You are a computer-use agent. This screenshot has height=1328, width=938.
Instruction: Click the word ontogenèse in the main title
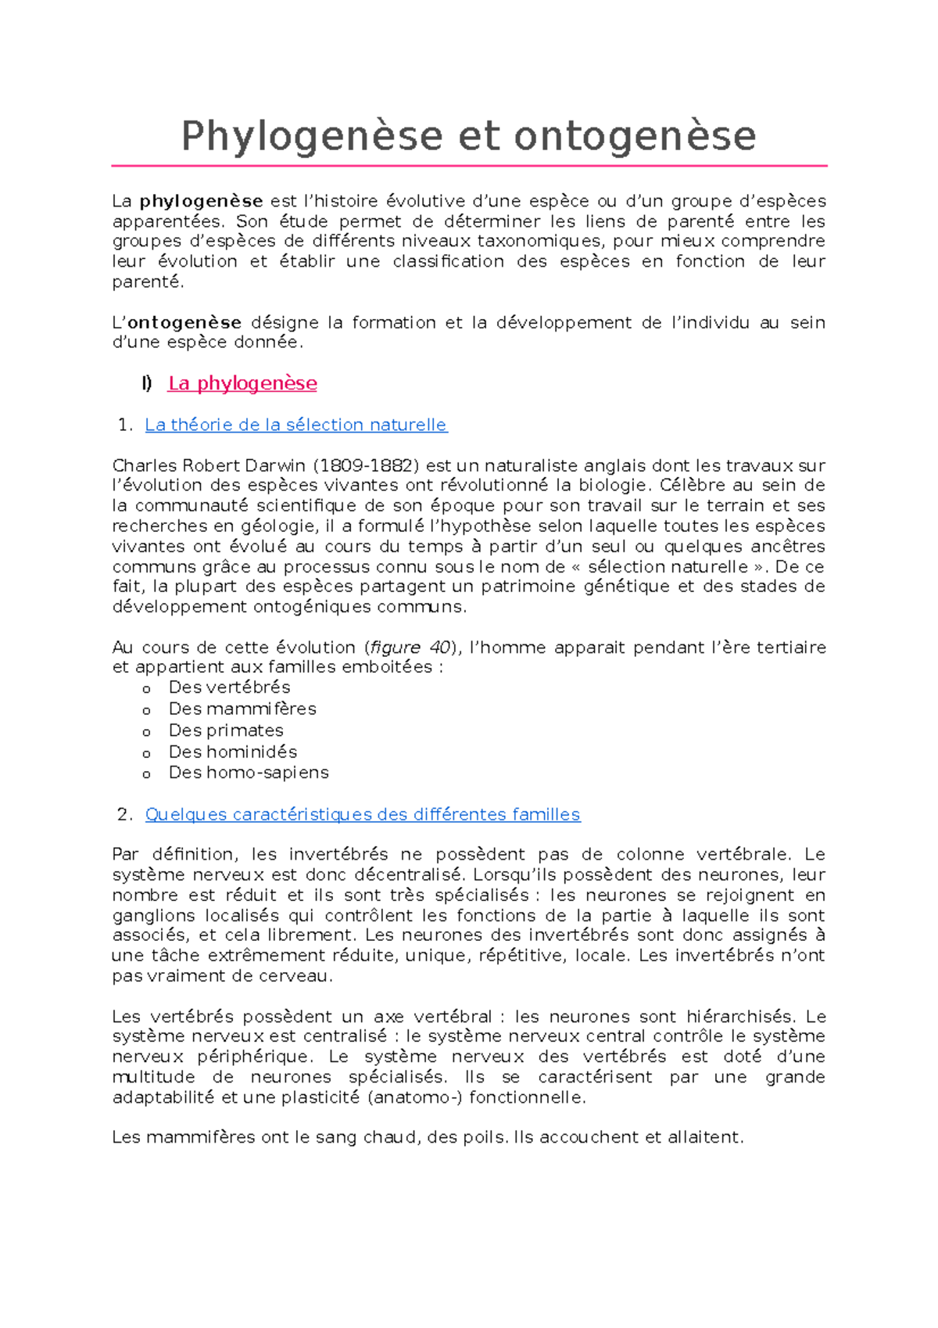(635, 136)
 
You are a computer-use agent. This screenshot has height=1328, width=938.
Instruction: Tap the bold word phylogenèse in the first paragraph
(201, 202)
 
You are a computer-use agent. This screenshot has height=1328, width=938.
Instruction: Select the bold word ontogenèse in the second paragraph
(184, 323)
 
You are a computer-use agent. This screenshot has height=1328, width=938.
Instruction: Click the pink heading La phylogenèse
(242, 384)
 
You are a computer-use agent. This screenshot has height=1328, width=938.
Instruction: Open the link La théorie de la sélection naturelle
(295, 425)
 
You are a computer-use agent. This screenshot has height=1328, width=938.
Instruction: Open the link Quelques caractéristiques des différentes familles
(363, 815)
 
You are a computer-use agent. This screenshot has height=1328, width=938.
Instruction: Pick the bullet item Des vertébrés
(229, 687)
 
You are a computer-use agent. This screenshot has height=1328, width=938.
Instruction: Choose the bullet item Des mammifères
(242, 709)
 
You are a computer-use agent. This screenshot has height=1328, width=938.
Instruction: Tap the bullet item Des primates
(226, 730)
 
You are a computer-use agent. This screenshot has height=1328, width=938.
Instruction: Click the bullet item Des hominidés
(233, 752)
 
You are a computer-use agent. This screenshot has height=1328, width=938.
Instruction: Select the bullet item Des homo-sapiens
(249, 773)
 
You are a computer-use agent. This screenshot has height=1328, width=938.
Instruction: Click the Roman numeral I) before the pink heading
(147, 384)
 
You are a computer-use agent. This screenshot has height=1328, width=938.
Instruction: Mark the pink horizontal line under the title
(469, 166)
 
